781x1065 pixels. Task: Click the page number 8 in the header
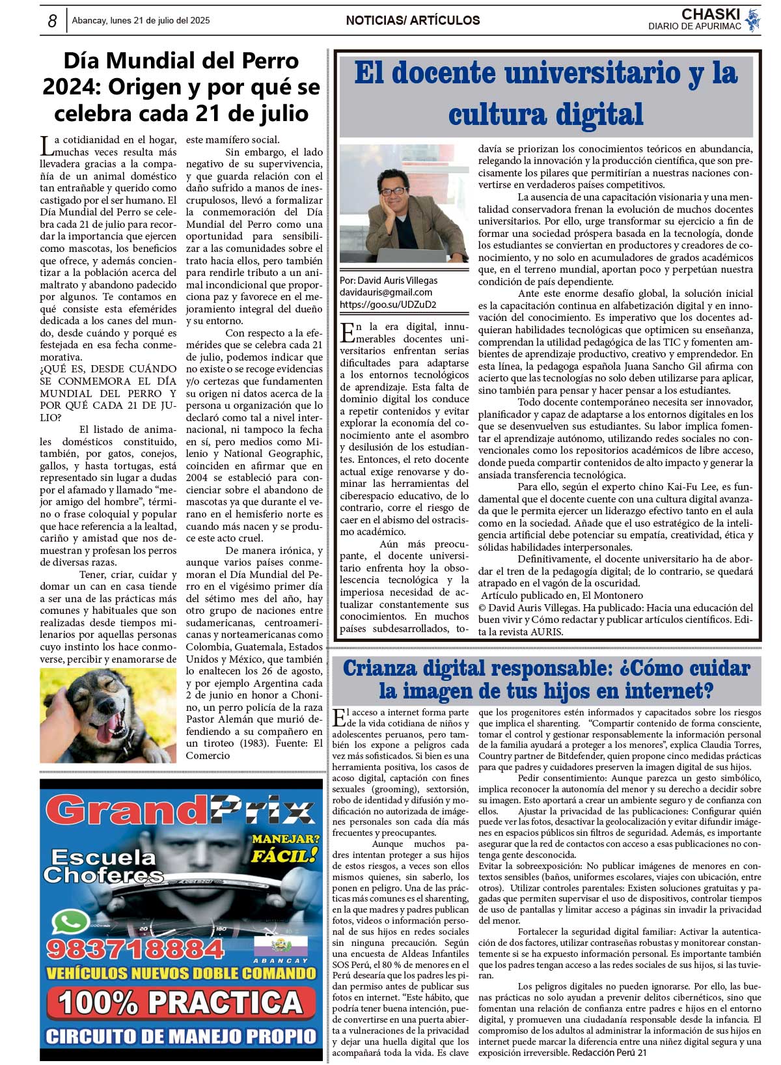(52, 21)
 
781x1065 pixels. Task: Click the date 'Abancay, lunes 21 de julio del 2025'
(141, 21)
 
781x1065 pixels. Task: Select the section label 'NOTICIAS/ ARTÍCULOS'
(413, 21)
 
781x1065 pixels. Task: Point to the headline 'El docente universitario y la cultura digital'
(545, 93)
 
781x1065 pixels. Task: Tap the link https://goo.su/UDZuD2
(388, 304)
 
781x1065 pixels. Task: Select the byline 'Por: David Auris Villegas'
(389, 281)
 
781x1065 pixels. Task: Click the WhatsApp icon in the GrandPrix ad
(70, 923)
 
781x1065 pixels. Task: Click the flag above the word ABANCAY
(271, 946)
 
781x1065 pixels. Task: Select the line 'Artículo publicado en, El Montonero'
(561, 595)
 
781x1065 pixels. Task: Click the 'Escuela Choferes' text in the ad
(104, 866)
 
